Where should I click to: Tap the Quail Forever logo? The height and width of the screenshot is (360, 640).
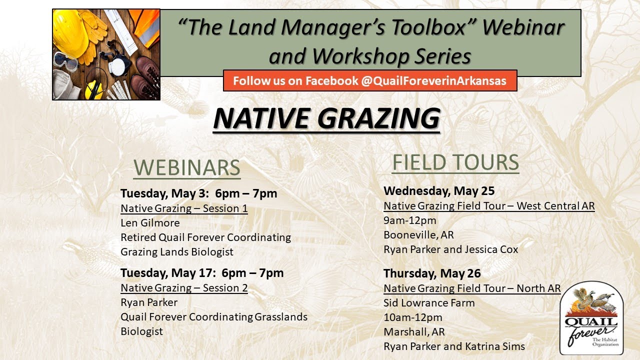591,317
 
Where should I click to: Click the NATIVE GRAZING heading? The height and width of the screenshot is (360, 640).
326,118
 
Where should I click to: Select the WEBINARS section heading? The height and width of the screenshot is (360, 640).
187,168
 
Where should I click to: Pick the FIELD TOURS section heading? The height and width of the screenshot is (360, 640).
455,163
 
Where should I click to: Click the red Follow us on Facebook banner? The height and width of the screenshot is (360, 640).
369,81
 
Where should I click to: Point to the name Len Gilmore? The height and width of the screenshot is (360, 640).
150,223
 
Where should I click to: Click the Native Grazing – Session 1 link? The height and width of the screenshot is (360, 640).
184,208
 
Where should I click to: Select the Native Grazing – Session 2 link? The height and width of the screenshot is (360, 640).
184,288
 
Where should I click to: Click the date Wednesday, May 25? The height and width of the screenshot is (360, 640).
439,191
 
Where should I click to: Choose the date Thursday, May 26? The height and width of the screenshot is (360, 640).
432,273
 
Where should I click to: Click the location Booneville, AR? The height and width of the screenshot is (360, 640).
418,235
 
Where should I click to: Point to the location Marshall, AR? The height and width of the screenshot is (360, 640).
414,332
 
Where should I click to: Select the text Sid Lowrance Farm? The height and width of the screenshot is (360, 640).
429,303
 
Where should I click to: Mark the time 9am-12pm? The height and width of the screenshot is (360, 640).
410,220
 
